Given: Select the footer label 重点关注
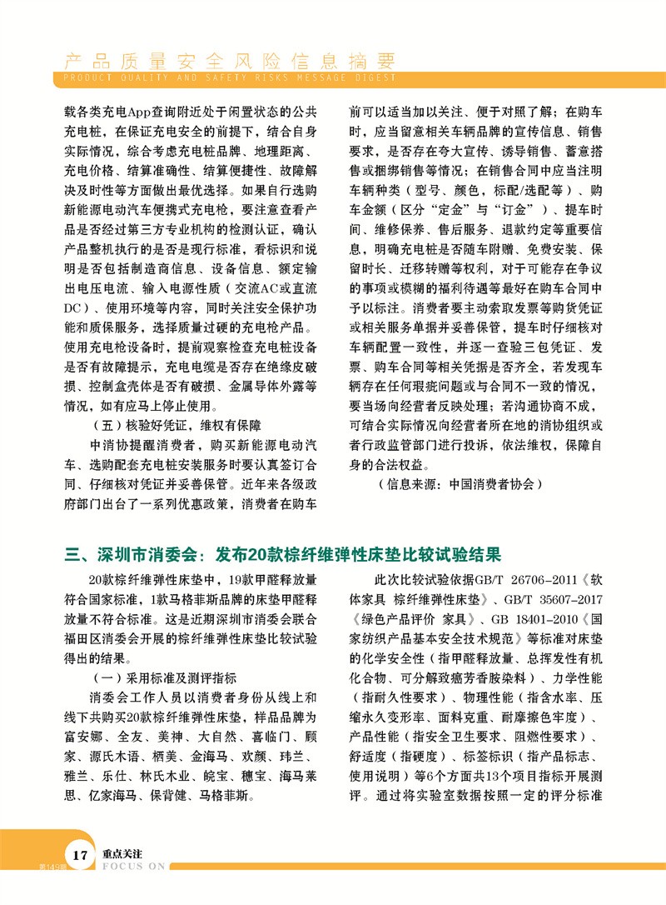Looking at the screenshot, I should coord(122,854).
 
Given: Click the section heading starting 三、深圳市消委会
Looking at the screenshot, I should coord(283,554).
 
